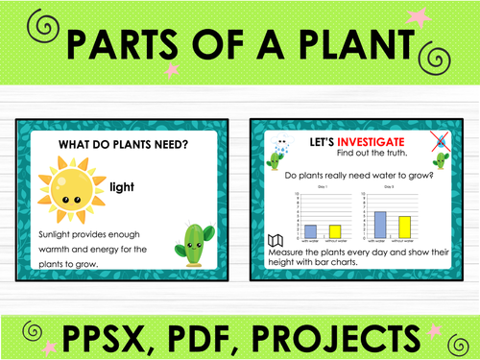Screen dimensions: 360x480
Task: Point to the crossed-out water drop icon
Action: click(x=439, y=140)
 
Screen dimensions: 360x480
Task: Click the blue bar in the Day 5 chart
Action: click(x=379, y=224)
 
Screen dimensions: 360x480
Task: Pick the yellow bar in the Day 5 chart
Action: click(x=405, y=227)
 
